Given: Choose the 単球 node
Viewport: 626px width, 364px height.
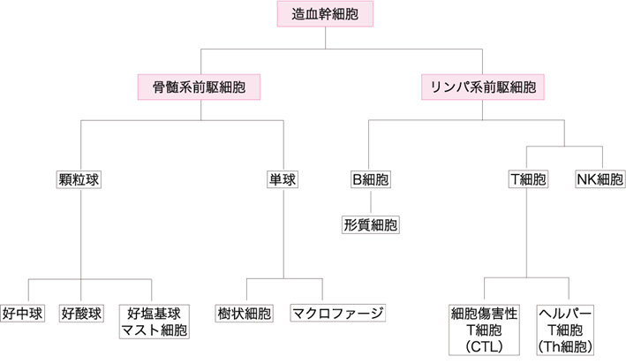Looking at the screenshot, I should coord(282,179).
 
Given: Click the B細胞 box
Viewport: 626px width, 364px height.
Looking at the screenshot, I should coord(371,179).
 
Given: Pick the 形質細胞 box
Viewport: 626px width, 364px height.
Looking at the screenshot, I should coord(371,224).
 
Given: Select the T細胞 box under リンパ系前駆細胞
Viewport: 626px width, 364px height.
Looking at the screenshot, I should coord(528,179).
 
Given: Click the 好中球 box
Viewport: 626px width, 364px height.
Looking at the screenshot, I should coord(21,313).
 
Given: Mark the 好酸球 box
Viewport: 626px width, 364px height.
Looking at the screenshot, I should coord(81,313).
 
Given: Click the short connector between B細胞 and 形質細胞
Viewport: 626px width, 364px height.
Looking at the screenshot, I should coord(371,202).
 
